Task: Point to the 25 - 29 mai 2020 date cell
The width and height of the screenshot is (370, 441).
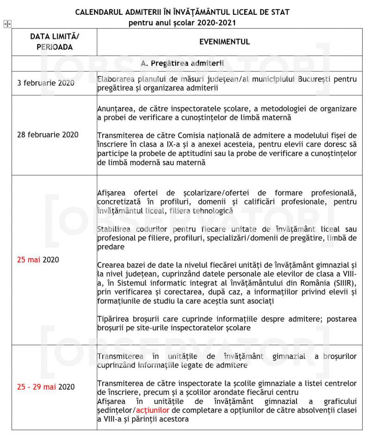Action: click(x=43, y=387)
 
